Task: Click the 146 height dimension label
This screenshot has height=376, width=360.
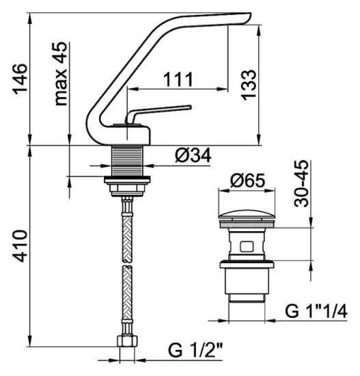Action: coord(20,79)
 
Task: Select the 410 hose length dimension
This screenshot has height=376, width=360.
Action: coord(20,246)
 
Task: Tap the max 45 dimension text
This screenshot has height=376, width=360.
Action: coord(61,74)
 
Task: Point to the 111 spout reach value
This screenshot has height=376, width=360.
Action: coord(178,79)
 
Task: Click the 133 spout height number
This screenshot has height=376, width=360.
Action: coord(249,85)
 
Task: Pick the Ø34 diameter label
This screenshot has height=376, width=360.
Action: coord(193,155)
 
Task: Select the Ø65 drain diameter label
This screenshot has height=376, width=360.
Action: coord(247,180)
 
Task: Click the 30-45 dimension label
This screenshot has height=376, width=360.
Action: coord(301,183)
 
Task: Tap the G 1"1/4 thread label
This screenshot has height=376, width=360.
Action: coord(316,311)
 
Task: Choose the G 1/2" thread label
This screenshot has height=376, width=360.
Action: coord(195,350)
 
